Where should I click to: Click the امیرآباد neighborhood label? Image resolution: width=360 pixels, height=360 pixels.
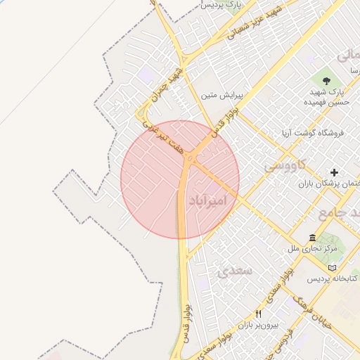tap(209, 201)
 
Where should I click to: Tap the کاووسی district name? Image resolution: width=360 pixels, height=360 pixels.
tap(284, 166)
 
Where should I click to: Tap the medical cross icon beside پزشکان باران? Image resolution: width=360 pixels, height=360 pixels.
tap(334, 172)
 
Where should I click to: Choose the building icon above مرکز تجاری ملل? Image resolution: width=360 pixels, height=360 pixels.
tap(312, 238)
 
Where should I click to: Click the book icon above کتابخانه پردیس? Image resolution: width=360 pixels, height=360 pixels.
tap(332, 267)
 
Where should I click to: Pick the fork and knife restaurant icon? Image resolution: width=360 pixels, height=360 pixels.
tap(258, 314)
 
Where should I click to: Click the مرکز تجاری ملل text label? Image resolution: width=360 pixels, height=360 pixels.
tap(312, 249)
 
